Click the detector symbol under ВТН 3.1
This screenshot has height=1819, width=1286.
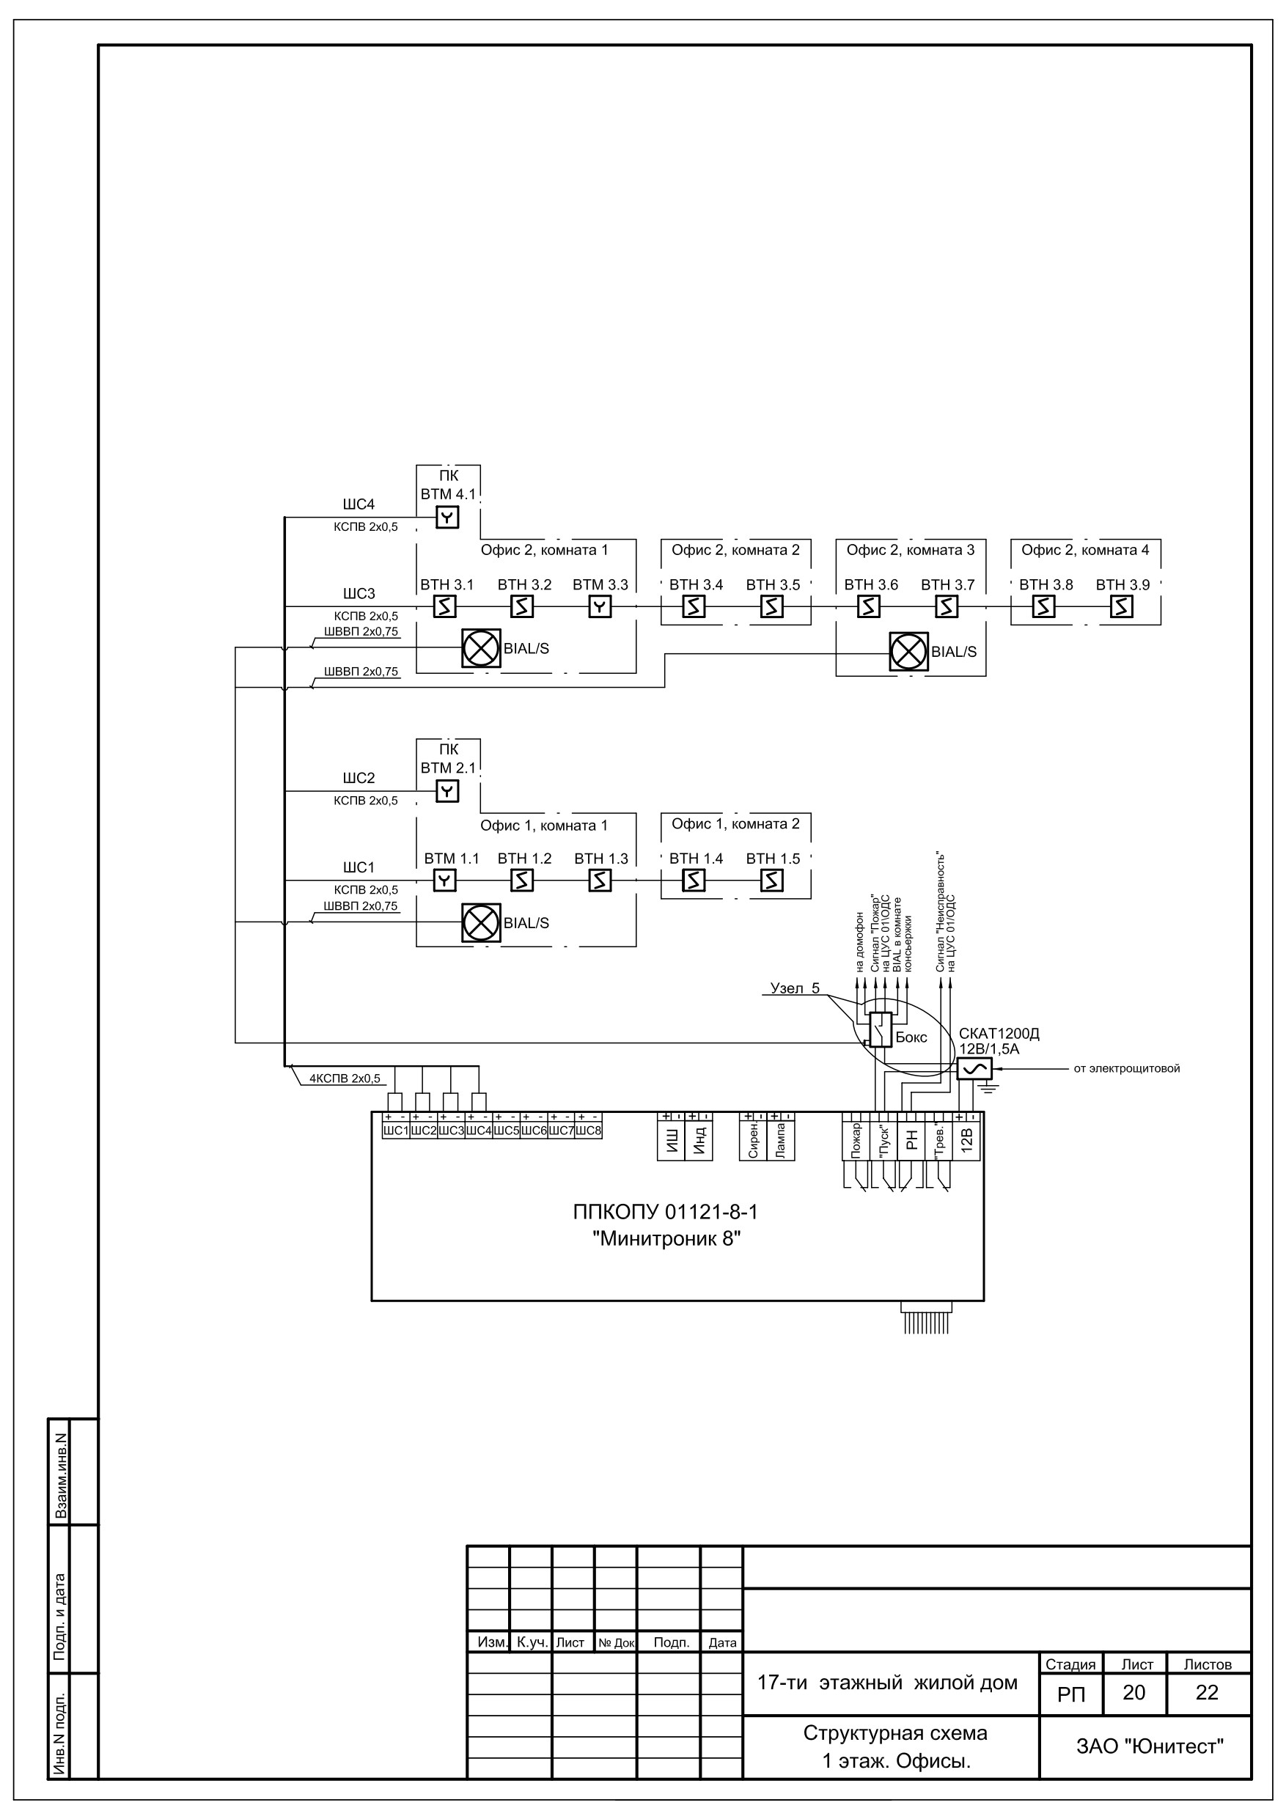point(445,606)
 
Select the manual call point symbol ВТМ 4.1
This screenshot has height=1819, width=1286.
point(448,518)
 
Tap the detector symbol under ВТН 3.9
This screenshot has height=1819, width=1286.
point(1122,606)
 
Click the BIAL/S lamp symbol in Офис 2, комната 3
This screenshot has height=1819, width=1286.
point(909,652)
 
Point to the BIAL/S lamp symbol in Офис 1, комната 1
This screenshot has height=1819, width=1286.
point(482,923)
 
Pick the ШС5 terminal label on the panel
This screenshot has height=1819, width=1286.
point(505,1131)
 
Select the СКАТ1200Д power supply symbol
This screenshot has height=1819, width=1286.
point(974,1069)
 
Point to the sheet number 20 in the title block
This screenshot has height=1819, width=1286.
point(1134,1692)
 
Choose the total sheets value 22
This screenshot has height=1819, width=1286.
point(1207,1692)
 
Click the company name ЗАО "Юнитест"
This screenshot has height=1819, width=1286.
point(1150,1746)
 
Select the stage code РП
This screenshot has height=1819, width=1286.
point(1071,1694)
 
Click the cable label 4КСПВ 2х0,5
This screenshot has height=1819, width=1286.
point(345,1078)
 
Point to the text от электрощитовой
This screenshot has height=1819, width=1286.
point(1127,1069)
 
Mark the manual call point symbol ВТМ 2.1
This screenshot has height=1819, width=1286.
point(448,791)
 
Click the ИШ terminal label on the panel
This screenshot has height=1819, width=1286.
point(671,1141)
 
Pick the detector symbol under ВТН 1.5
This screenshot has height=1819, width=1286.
point(772,881)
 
